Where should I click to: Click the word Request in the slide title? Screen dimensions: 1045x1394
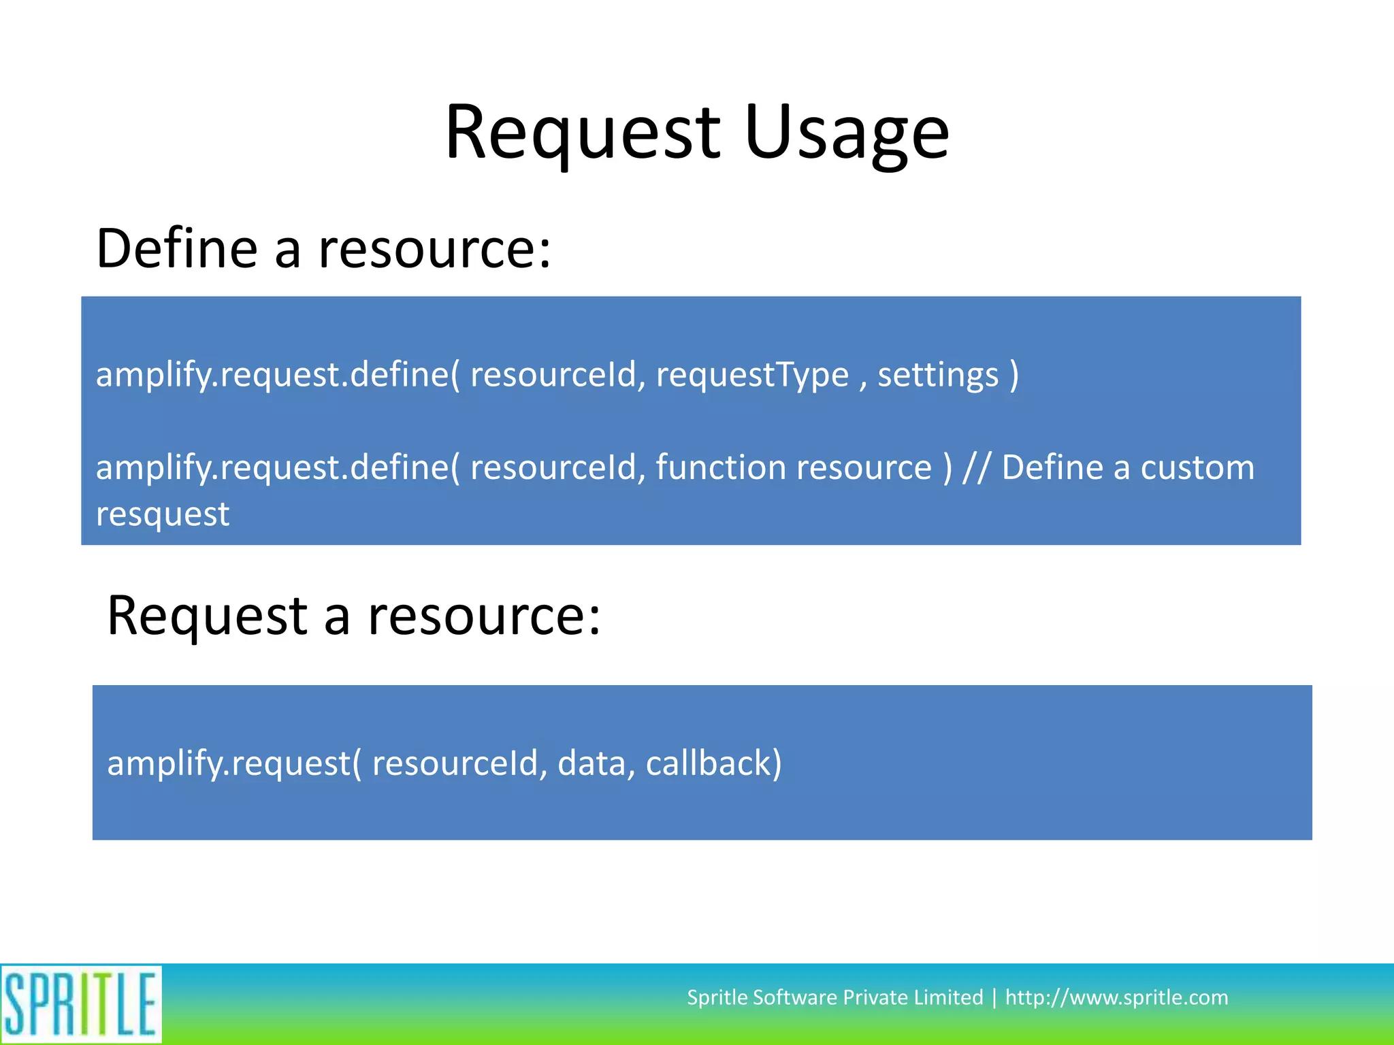pos(582,133)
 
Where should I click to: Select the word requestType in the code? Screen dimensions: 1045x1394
pos(752,375)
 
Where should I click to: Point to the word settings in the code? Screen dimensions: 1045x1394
pos(938,375)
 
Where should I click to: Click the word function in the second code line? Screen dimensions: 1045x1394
pos(721,467)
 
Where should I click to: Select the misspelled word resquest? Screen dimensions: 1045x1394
pos(163,514)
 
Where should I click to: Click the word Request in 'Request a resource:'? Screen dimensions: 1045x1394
pos(208,616)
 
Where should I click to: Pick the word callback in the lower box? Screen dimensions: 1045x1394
pos(713,763)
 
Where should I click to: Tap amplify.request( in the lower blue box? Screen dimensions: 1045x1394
pos(234,763)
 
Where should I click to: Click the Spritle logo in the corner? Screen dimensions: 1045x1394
pos(80,1004)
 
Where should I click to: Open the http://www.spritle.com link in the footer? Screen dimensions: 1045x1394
pos(1116,997)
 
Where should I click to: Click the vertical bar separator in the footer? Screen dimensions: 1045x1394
pos(994,997)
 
